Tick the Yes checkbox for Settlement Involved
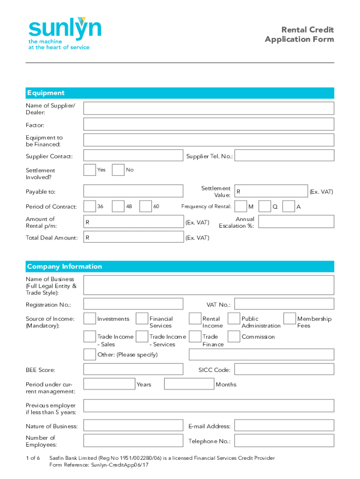coord(90,170)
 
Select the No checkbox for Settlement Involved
coord(119,170)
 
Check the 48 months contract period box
coord(118,206)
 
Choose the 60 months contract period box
coord(146,206)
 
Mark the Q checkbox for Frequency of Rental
coord(265,206)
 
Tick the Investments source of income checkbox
coord(90,319)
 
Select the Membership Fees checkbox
coord(289,319)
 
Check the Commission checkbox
coord(234,336)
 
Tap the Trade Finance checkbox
coord(195,336)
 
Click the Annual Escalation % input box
coord(296,222)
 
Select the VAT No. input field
coord(284,304)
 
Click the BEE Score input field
coord(133,370)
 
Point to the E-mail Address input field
coord(284,425)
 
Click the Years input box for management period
coord(109,384)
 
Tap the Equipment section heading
coord(46,93)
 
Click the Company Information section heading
coord(65,267)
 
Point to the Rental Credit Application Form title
coord(299,35)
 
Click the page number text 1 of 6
coord(33,457)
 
